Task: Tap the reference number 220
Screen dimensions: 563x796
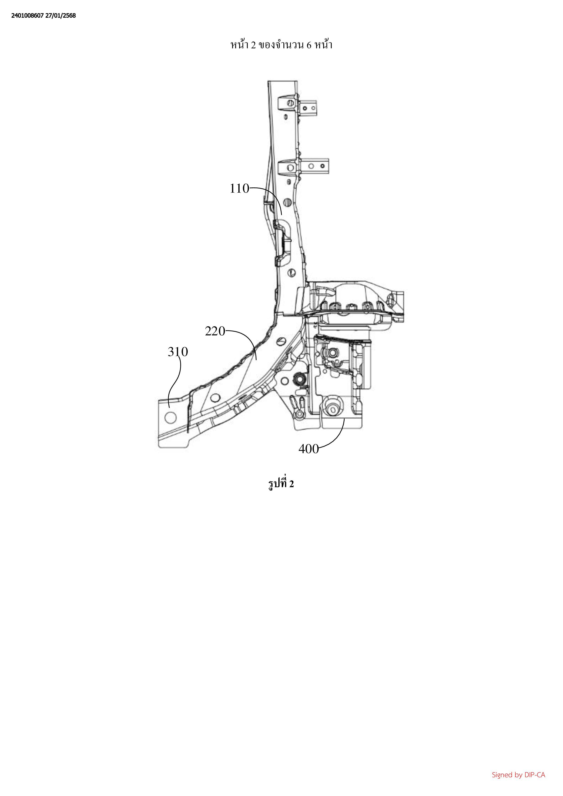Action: tap(215, 332)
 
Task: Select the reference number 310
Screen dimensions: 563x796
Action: tap(178, 352)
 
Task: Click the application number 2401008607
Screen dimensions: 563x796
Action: tap(27, 16)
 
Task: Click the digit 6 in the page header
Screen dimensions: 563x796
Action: tap(309, 45)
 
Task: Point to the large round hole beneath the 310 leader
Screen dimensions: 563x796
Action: tap(171, 418)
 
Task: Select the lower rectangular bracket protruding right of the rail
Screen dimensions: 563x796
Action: tap(314, 166)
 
